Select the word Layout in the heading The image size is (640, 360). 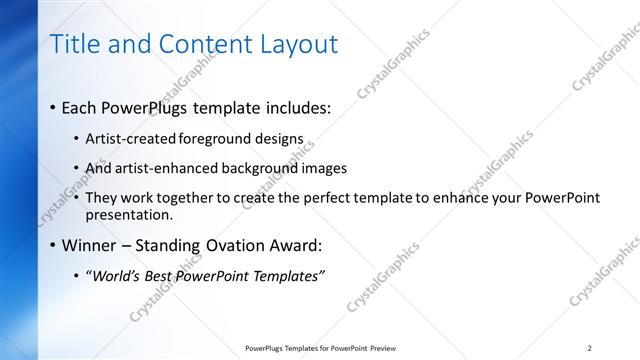pos(294,44)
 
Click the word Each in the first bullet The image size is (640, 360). pos(80,108)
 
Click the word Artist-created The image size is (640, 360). pos(131,139)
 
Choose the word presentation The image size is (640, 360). pos(129,214)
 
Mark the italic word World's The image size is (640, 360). pos(118,276)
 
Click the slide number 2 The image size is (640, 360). pos(590,347)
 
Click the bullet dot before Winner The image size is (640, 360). pos(53,246)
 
